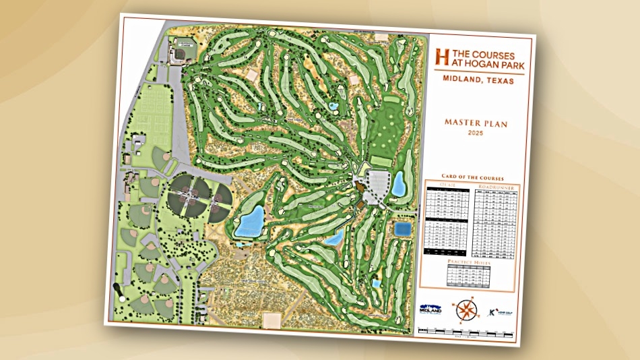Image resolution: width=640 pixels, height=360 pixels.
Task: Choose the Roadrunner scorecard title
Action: click(496, 186)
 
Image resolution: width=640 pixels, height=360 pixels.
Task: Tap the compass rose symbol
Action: click(466, 309)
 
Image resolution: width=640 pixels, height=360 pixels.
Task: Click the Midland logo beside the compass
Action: click(429, 309)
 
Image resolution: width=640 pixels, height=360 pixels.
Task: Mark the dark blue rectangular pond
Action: click(402, 229)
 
